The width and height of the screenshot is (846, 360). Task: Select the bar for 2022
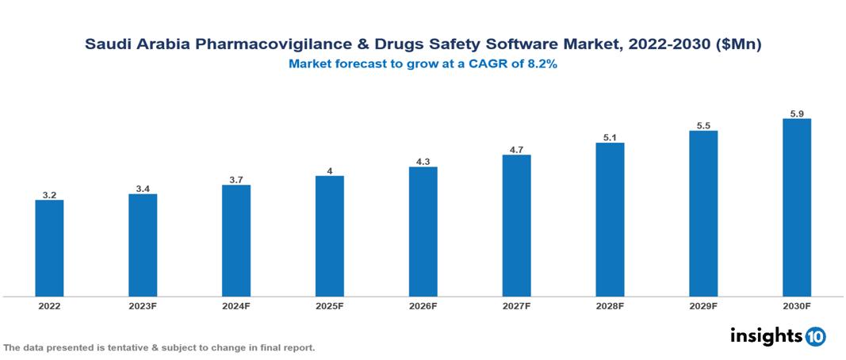tap(49, 248)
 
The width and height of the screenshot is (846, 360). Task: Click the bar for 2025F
tap(330, 236)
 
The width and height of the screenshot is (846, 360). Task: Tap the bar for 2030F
tap(797, 208)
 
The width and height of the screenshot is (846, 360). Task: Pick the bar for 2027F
tap(516, 226)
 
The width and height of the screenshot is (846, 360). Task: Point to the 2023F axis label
tap(143, 305)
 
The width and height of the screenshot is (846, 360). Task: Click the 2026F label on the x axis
tap(423, 305)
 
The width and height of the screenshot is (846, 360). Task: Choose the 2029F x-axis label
tap(703, 305)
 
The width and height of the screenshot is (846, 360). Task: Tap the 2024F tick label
tap(236, 305)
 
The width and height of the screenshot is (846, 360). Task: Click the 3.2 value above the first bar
tap(49, 194)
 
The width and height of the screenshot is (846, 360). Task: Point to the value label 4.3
tap(423, 162)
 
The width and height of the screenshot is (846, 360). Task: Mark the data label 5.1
tap(610, 138)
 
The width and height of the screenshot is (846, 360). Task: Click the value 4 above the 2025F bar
tap(330, 170)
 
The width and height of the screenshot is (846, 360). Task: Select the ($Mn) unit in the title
tap(738, 45)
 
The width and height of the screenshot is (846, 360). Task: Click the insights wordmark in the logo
tap(765, 336)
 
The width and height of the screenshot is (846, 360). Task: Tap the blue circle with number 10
tap(815, 337)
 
